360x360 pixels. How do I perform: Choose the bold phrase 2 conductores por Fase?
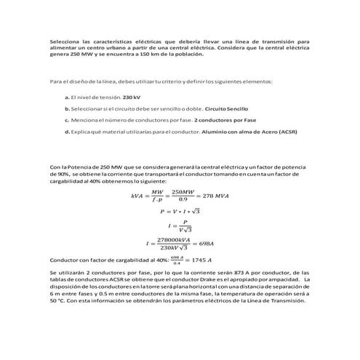coord(216,119)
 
